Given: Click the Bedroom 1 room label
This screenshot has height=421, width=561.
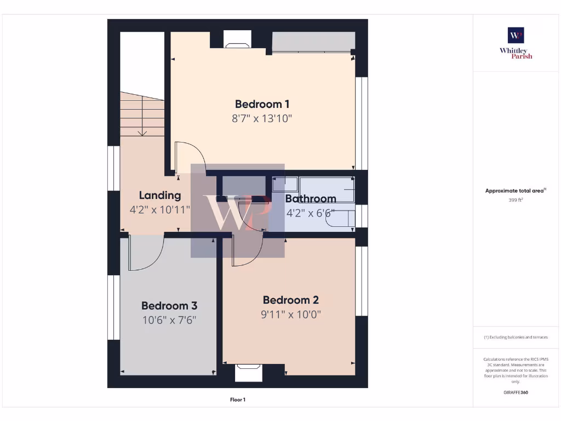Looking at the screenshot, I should [x=262, y=104].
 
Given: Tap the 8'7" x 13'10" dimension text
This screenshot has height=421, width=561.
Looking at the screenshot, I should [x=262, y=118].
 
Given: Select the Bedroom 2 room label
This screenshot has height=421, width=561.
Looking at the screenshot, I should [x=290, y=300].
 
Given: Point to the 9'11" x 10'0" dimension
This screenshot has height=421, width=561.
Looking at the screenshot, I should [x=290, y=315].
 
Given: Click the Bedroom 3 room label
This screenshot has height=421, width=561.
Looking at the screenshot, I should [x=169, y=306].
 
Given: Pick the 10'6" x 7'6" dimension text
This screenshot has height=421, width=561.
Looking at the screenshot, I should [x=169, y=320].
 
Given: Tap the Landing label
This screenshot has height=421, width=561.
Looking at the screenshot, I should [x=159, y=195].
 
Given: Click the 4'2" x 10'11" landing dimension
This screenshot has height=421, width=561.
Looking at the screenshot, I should [x=159, y=209].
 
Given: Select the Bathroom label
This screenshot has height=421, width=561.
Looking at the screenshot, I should [x=311, y=199].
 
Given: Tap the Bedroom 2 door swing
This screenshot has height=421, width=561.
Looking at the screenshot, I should [x=247, y=250].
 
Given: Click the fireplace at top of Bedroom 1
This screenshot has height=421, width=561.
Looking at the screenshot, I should [x=237, y=39].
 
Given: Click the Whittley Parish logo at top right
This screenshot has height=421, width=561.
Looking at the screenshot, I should [x=516, y=43].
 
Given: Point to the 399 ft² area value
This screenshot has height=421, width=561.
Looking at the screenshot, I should [x=516, y=200].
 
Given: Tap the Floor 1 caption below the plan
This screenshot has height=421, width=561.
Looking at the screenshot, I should [x=237, y=400].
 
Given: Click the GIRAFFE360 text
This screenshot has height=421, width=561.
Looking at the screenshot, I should [x=516, y=392].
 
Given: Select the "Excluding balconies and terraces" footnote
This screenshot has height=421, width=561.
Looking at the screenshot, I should [x=516, y=337].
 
